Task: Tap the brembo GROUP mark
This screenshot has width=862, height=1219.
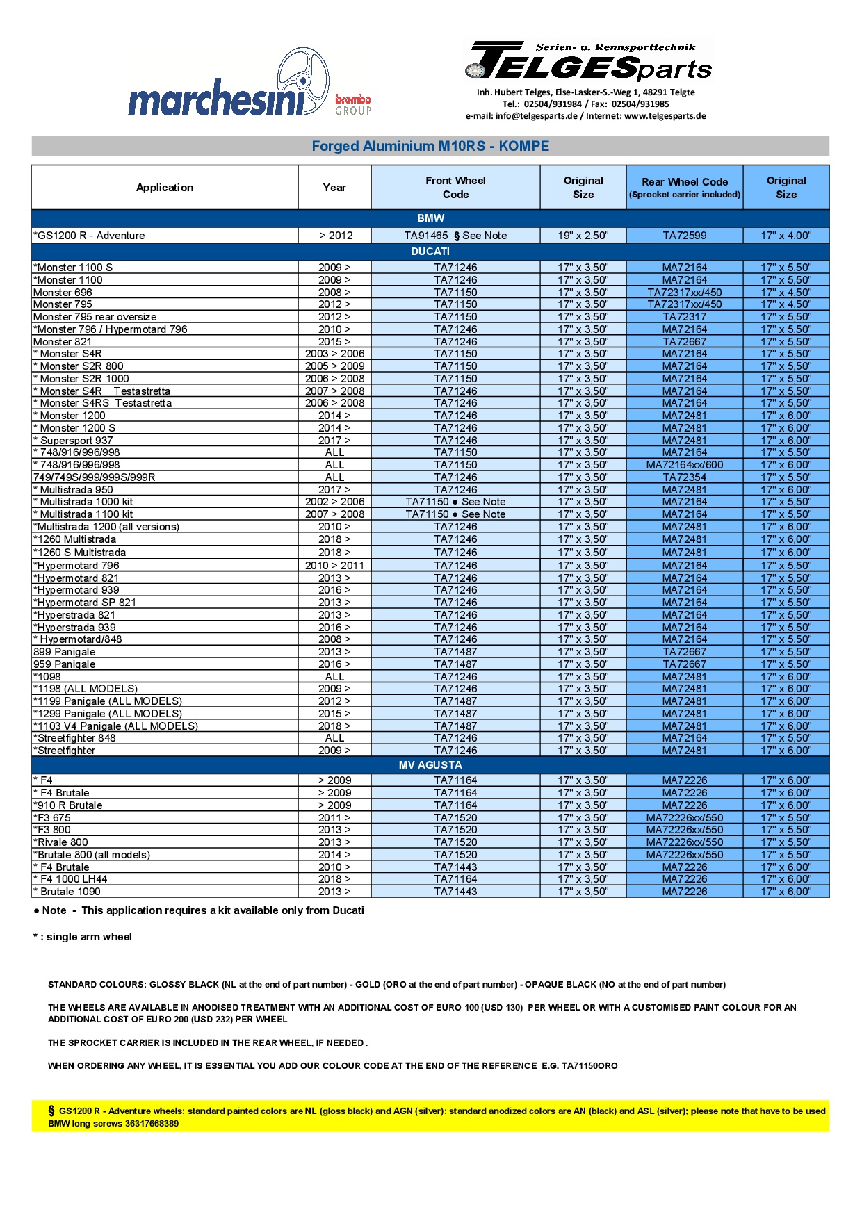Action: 353,104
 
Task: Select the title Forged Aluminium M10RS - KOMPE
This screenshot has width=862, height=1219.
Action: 430,146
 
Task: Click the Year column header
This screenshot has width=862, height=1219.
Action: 334,188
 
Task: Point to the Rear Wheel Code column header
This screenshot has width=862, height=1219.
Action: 685,188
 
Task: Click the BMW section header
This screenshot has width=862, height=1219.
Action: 430,218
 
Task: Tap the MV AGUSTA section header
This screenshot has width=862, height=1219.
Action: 430,765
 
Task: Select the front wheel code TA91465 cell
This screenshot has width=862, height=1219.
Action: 455,236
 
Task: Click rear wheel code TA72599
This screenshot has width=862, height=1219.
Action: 685,236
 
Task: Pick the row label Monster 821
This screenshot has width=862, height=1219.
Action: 63,342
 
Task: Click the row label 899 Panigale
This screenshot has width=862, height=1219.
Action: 65,652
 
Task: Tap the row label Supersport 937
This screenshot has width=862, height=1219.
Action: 76,441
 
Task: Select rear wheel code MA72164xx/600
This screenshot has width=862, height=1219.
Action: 685,465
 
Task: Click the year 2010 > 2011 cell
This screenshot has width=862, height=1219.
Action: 334,566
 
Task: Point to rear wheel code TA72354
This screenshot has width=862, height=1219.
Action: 685,477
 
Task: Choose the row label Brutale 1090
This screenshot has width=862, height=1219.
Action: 70,892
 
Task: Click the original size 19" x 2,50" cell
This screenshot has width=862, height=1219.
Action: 583,236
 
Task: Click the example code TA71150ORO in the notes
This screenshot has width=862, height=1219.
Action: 589,1066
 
